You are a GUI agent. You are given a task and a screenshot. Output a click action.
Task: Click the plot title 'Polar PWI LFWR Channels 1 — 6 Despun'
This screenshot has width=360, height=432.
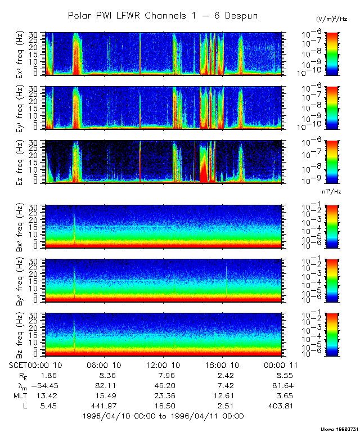click(163, 16)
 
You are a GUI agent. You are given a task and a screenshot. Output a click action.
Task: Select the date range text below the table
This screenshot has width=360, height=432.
click(163, 416)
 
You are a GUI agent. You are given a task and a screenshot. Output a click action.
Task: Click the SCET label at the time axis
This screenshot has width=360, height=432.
click(19, 364)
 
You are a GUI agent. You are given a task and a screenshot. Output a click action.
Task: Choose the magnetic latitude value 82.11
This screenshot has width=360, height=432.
click(106, 385)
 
